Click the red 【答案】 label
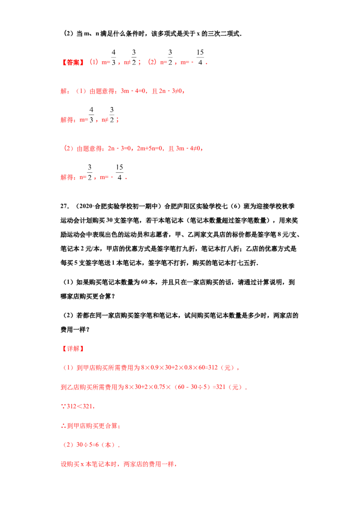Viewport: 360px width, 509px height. pos(73,63)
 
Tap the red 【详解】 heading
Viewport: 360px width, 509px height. pos(73,348)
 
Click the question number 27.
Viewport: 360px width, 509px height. pos(65,206)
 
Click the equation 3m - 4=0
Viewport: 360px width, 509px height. pos(133,91)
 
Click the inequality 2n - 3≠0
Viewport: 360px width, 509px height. pos(171,91)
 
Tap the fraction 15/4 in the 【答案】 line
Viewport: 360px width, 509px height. pos(200,58)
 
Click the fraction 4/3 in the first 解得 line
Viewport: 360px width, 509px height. pos(91,115)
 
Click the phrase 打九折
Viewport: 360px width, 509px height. pos(186,249)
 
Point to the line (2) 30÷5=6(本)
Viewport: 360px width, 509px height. pos(91,445)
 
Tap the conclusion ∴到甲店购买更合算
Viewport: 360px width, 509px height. pos(90,426)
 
